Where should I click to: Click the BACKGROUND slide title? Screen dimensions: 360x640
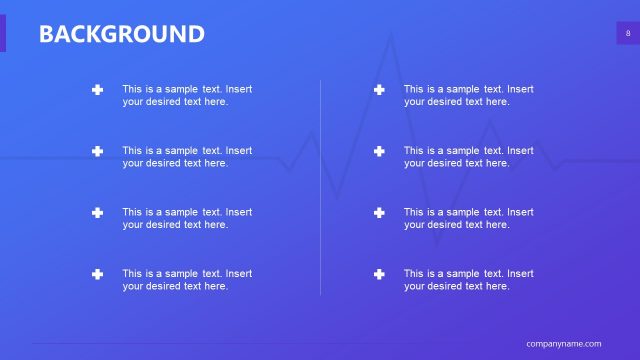click(x=121, y=34)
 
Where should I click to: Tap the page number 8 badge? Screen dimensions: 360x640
click(x=628, y=34)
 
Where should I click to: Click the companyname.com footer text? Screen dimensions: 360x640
click(x=564, y=343)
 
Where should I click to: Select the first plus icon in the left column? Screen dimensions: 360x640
click(x=97, y=90)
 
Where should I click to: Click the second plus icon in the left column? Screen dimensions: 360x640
click(x=97, y=151)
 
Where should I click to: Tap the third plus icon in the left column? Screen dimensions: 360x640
click(x=97, y=213)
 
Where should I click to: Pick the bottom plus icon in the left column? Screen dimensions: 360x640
click(x=97, y=274)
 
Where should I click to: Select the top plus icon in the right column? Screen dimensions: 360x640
click(x=379, y=90)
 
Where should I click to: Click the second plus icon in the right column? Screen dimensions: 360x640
click(x=379, y=151)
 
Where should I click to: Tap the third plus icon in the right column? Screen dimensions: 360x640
click(x=379, y=213)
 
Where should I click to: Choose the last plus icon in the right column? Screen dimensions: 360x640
click(x=379, y=274)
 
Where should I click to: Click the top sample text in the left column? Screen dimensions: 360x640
click(x=187, y=95)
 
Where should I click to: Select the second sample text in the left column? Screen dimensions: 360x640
click(x=187, y=157)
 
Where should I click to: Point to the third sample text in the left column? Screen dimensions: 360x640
click(x=187, y=218)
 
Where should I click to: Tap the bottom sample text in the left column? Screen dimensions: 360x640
click(x=187, y=280)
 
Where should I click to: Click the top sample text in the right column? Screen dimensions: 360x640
click(x=468, y=95)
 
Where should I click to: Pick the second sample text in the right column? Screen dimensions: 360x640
click(x=468, y=157)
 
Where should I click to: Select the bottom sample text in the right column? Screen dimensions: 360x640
click(x=468, y=280)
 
